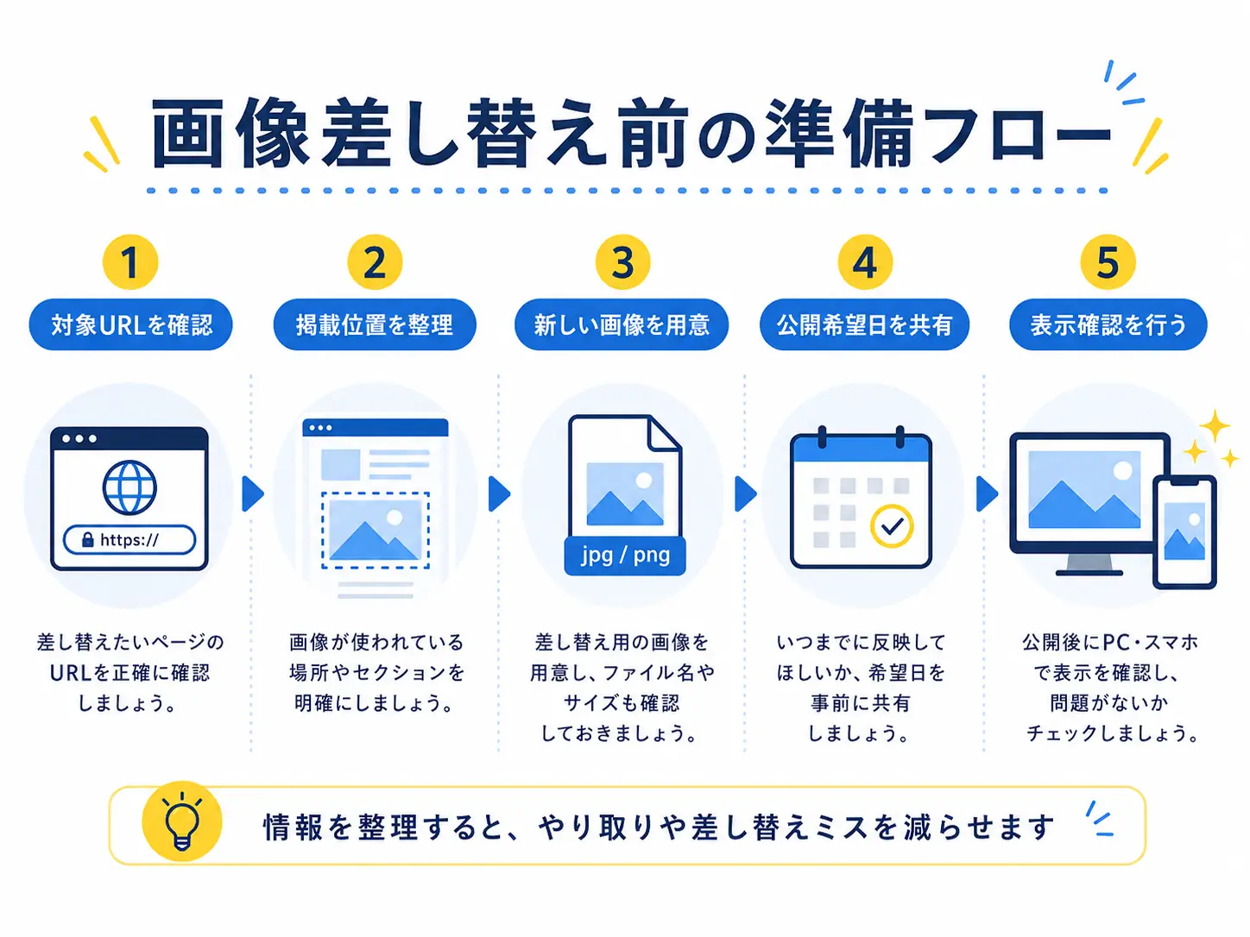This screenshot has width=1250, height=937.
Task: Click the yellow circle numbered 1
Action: click(129, 262)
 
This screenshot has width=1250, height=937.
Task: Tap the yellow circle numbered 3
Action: click(622, 262)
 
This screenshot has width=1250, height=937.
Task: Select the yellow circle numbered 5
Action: click(1108, 262)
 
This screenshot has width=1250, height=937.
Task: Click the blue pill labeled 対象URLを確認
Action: click(130, 324)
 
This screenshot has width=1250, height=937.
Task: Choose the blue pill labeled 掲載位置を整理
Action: click(375, 324)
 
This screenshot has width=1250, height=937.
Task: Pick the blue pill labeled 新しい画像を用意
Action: click(622, 324)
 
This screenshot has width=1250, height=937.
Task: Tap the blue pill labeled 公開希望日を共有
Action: click(864, 324)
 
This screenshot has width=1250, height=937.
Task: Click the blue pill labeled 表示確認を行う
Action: click(1108, 324)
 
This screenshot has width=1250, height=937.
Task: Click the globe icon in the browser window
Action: click(129, 487)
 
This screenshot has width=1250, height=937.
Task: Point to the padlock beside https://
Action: click(87, 539)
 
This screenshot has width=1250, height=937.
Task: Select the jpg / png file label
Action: click(625, 556)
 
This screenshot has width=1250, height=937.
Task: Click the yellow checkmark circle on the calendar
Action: click(892, 526)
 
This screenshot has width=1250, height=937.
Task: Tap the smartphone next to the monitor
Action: click(1184, 532)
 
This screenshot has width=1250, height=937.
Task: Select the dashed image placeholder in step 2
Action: click(376, 531)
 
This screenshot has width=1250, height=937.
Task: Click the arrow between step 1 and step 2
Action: click(253, 494)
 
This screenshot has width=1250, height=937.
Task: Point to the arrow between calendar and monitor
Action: click(988, 494)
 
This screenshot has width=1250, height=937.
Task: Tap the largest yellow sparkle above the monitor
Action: click(1214, 425)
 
